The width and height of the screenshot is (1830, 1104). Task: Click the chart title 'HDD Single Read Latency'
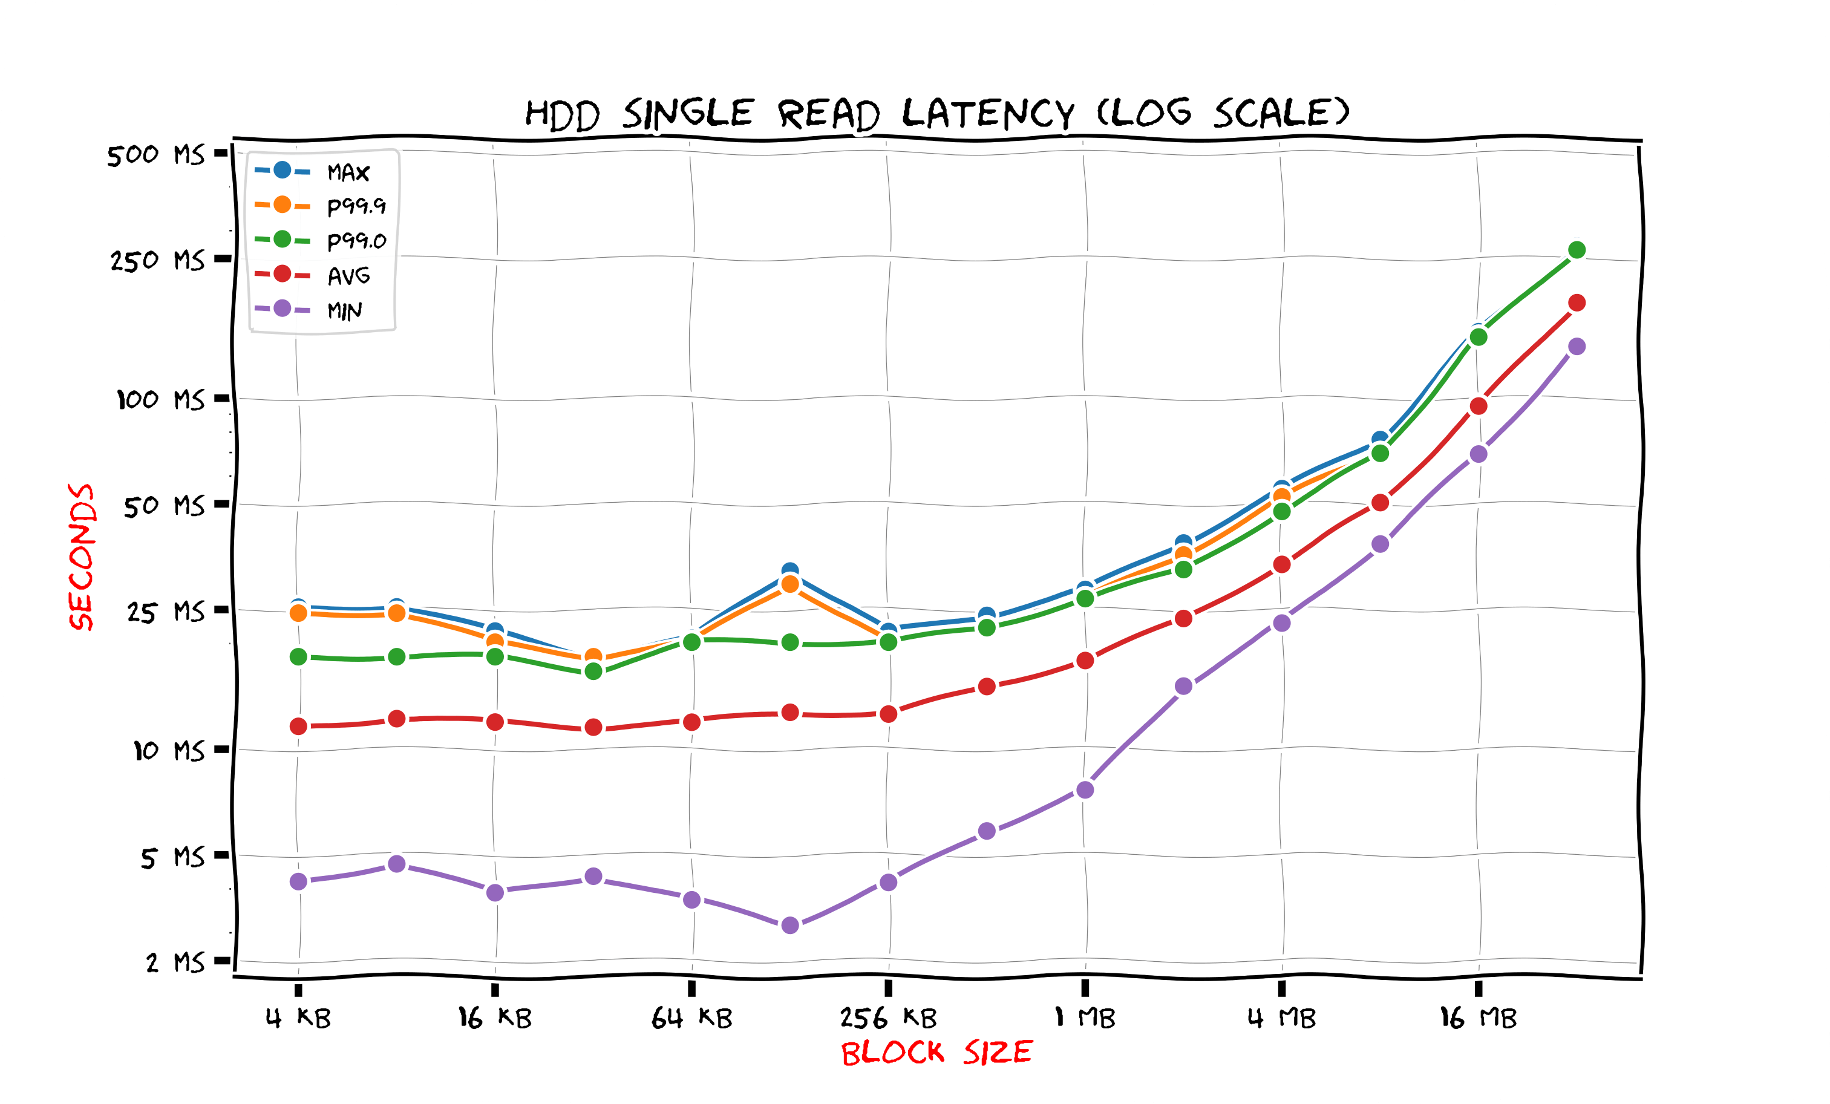tap(936, 114)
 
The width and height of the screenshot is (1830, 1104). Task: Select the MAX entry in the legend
tap(348, 172)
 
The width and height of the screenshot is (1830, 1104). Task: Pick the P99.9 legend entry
tap(356, 206)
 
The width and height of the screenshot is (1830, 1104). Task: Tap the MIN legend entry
tap(345, 310)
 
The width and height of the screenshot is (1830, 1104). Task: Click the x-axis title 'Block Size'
tap(936, 1053)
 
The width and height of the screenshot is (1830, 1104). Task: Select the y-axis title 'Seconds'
tap(82, 557)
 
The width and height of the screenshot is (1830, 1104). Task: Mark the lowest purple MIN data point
tap(790, 925)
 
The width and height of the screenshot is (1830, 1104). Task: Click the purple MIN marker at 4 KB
tap(299, 881)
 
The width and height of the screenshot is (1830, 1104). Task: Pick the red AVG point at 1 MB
tap(1085, 660)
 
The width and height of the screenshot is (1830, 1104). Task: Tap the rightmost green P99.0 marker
tap(1577, 250)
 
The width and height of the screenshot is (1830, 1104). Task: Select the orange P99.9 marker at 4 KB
tap(299, 613)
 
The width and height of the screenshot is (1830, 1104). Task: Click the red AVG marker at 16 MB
tap(1479, 406)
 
